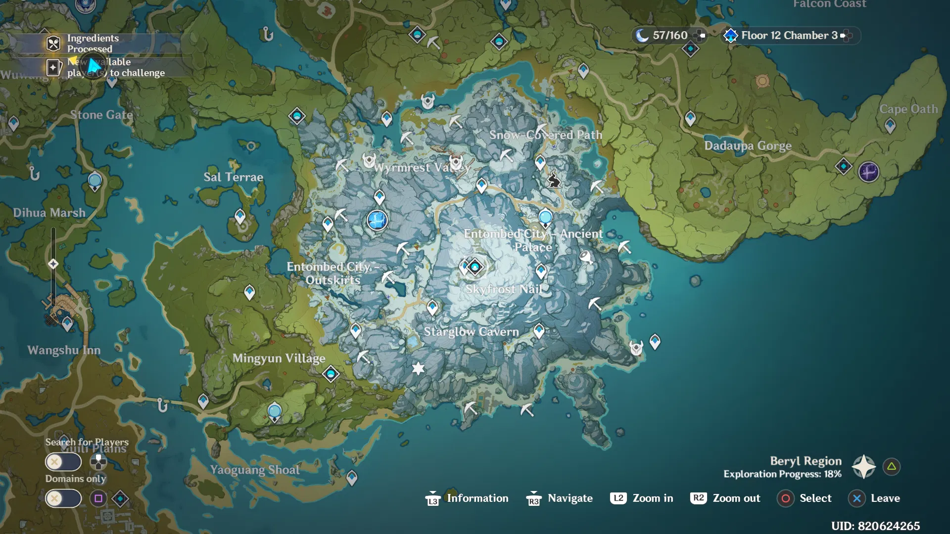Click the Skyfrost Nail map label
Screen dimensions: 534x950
coord(504,289)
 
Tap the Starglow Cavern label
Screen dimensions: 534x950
coord(471,332)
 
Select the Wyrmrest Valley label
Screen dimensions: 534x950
coord(422,168)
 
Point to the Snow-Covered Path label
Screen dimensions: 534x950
coord(546,135)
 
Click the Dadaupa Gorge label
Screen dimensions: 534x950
coord(748,146)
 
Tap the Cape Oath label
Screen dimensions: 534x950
coord(908,109)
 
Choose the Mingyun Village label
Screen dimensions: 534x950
coord(279,358)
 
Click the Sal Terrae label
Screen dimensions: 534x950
coord(233,177)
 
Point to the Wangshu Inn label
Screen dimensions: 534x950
coord(64,351)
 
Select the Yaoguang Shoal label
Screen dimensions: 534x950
coord(255,470)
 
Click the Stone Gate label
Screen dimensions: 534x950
coord(101,115)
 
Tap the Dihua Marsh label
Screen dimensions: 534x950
coord(49,213)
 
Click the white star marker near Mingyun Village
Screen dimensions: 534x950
coord(418,368)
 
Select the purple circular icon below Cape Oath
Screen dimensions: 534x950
coord(868,172)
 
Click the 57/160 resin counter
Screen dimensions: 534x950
coord(669,36)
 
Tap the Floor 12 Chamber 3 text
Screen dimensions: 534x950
coord(789,36)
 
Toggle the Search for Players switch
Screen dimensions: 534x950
coord(63,462)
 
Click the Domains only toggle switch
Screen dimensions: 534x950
coord(63,498)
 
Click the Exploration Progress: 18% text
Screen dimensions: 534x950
coord(782,474)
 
